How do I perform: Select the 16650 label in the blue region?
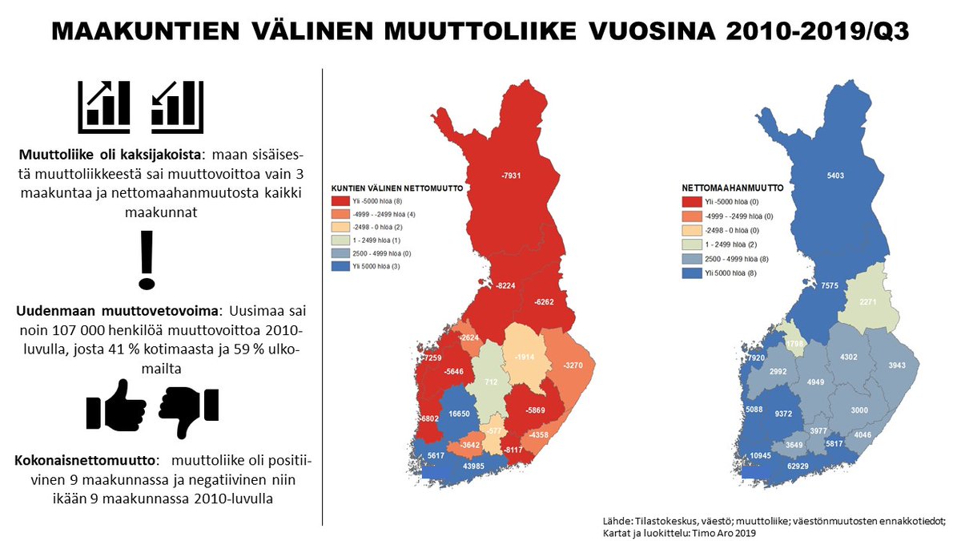(460, 413)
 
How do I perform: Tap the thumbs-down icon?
(189, 410)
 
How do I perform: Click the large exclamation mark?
(145, 260)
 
